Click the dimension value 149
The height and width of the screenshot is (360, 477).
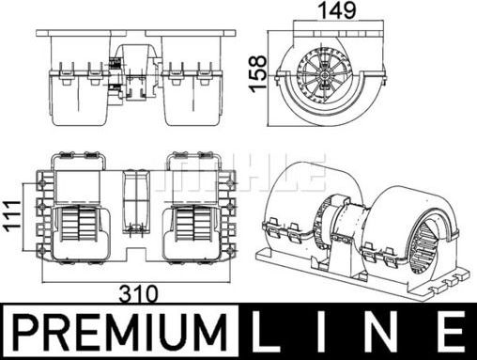click(x=336, y=10)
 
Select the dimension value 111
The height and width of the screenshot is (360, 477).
click(x=13, y=216)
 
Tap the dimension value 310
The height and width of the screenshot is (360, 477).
click(x=139, y=294)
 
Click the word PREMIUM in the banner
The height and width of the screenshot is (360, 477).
click(x=120, y=332)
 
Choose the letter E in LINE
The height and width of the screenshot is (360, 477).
click(x=450, y=332)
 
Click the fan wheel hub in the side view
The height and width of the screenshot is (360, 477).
click(x=325, y=75)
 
